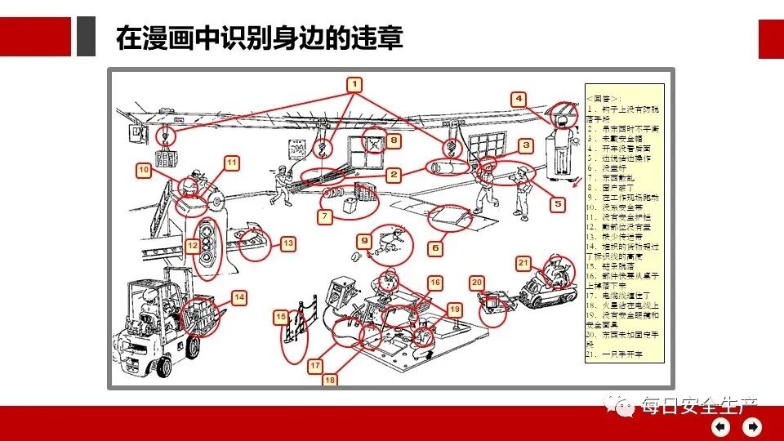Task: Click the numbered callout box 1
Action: (354, 83)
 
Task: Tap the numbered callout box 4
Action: (519, 99)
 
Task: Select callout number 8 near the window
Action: (394, 141)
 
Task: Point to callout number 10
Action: (144, 170)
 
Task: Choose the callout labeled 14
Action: (239, 298)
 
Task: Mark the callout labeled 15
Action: (280, 317)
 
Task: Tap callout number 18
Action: (330, 379)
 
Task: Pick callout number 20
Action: (477, 282)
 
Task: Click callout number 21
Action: (523, 262)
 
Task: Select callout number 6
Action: (435, 247)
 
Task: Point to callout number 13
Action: (287, 243)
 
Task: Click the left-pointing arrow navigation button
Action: (720, 426)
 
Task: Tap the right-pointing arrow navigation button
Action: (752, 426)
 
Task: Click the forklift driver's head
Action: (148, 293)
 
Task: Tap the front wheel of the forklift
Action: (193, 347)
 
